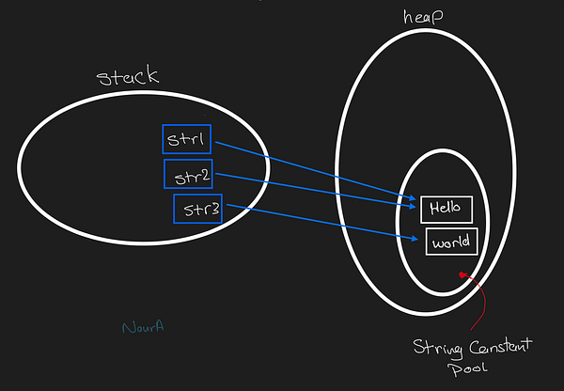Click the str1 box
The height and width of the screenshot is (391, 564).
tap(186, 140)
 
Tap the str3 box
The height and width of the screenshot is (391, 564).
tap(197, 208)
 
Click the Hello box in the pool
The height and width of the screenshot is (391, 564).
tap(446, 208)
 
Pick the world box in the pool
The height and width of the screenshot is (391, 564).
tap(452, 242)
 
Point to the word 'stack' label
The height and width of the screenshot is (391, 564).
tap(129, 76)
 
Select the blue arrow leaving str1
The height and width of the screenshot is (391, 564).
tap(310, 169)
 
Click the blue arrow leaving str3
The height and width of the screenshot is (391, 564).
tap(320, 223)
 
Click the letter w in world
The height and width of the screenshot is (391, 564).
tap(437, 242)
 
